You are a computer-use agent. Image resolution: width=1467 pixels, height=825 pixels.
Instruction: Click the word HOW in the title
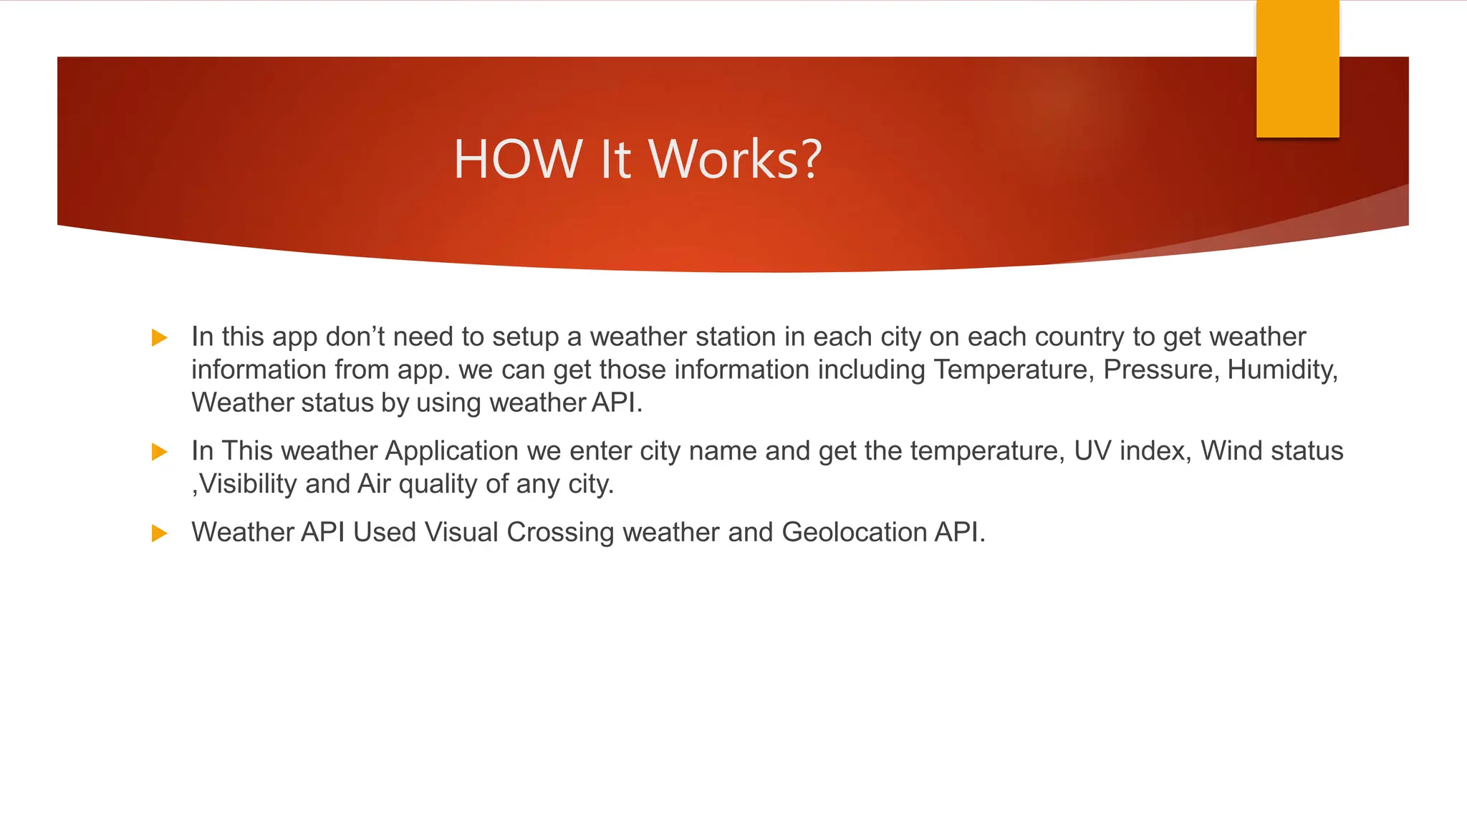pyautogui.click(x=517, y=159)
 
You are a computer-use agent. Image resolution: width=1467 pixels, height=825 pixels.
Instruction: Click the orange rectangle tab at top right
pyautogui.click(x=1297, y=69)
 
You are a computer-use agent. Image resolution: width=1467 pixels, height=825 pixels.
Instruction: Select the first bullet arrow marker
pyautogui.click(x=159, y=337)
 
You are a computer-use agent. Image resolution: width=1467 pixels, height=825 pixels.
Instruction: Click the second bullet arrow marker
pyautogui.click(x=159, y=452)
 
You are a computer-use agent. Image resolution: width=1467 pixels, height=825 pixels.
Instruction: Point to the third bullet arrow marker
pyautogui.click(x=159, y=534)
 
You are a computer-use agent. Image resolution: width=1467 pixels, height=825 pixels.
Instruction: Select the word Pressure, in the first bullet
pyautogui.click(x=1160, y=370)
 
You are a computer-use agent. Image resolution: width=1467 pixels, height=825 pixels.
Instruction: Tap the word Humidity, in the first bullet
pyautogui.click(x=1282, y=370)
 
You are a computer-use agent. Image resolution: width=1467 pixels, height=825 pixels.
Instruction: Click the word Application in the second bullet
pyautogui.click(x=451, y=451)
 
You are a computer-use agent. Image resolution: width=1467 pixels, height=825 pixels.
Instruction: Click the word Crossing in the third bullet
pyautogui.click(x=560, y=532)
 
